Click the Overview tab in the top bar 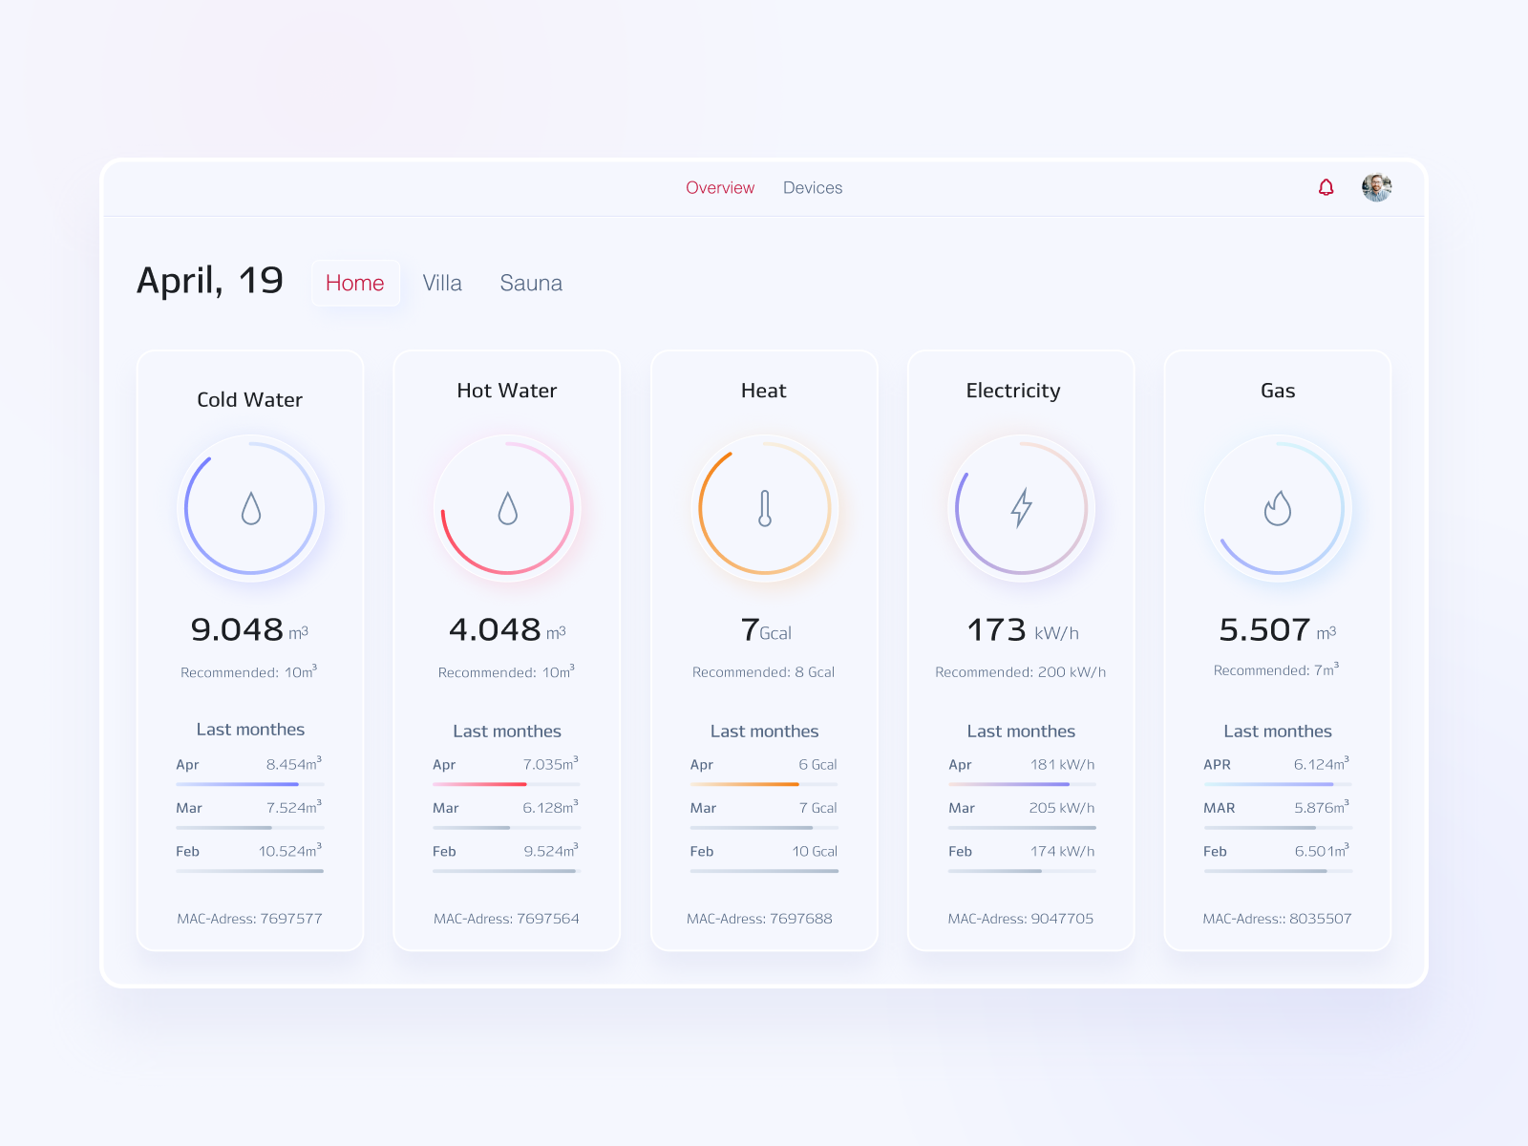pyautogui.click(x=720, y=188)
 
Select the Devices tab pyautogui.click(x=813, y=188)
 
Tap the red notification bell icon pyautogui.click(x=1326, y=187)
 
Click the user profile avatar pyautogui.click(x=1376, y=187)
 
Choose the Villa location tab pyautogui.click(x=442, y=284)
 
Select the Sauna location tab pyautogui.click(x=531, y=284)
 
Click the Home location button pyautogui.click(x=355, y=284)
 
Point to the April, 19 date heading pyautogui.click(x=210, y=281)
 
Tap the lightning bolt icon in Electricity pyautogui.click(x=1021, y=508)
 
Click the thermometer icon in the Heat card pyautogui.click(x=764, y=508)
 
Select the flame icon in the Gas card pyautogui.click(x=1277, y=508)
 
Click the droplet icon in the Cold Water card pyautogui.click(x=250, y=508)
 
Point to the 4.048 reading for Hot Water pyautogui.click(x=496, y=630)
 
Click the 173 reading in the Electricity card pyautogui.click(x=997, y=630)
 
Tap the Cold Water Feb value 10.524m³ pyautogui.click(x=290, y=851)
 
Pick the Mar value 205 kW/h pyautogui.click(x=1061, y=808)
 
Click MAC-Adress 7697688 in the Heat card pyautogui.click(x=759, y=919)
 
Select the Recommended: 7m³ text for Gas pyautogui.click(x=1276, y=670)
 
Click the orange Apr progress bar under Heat pyautogui.click(x=745, y=784)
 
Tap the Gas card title pyautogui.click(x=1278, y=391)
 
